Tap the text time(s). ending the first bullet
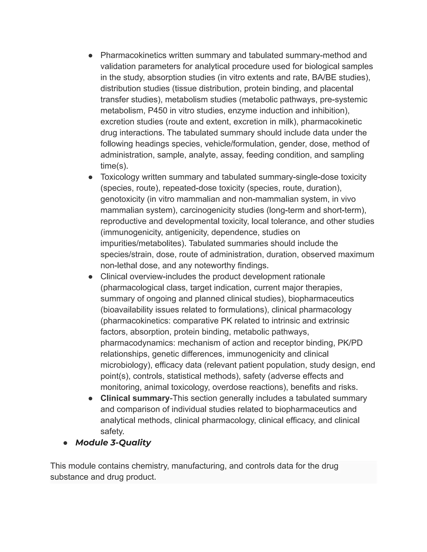[114, 166]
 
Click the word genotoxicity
[122, 199]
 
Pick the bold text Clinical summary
[135, 398]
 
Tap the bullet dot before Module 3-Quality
[65, 443]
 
